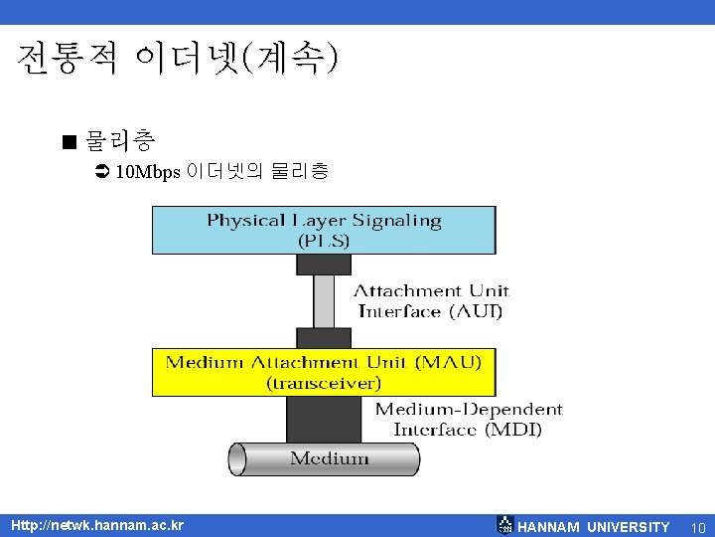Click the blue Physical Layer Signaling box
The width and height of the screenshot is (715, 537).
click(323, 230)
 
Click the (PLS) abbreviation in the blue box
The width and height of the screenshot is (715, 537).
click(323, 241)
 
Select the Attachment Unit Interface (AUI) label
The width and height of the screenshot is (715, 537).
click(431, 301)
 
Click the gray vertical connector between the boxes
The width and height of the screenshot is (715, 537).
click(324, 300)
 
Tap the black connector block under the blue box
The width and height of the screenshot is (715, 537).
click(324, 264)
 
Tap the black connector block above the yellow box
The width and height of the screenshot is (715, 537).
click(324, 337)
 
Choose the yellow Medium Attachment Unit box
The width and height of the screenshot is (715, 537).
click(323, 372)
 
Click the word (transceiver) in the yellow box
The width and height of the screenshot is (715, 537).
click(323, 383)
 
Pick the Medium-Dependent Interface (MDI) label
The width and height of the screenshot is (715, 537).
click(468, 420)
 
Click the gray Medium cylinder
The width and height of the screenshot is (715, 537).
click(328, 458)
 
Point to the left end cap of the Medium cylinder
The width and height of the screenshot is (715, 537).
click(237, 458)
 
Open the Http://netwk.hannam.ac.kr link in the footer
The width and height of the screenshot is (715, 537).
click(96, 524)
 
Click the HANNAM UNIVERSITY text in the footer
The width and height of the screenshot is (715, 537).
click(593, 526)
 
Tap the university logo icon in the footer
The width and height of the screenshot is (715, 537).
click(504, 525)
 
